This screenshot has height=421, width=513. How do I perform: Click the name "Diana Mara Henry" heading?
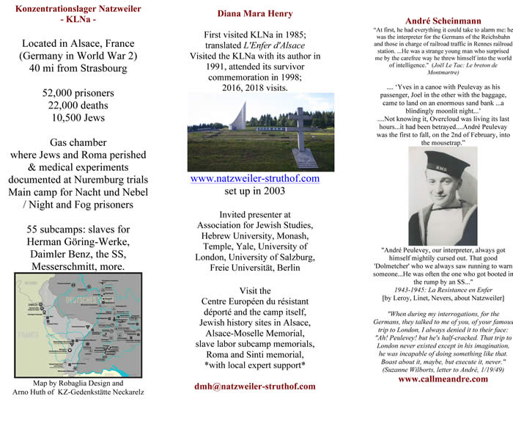255,12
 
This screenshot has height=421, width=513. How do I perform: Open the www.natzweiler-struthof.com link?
254,178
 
